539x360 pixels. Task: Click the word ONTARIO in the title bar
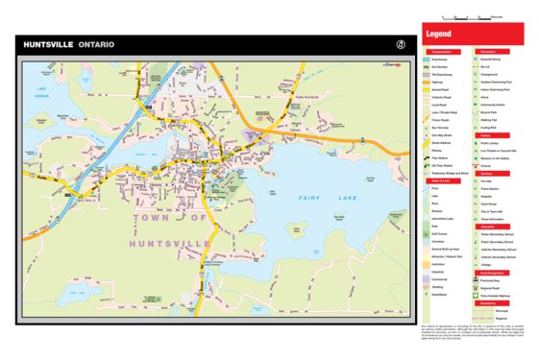click(x=99, y=45)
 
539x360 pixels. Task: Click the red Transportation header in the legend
click(x=443, y=51)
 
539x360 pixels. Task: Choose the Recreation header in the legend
click(x=487, y=51)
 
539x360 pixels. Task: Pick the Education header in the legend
click(x=487, y=225)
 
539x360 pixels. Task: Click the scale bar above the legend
click(x=472, y=17)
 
